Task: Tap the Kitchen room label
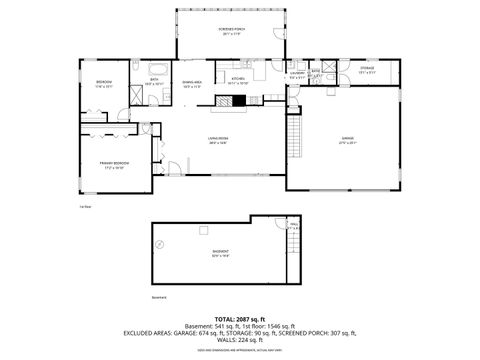click(x=238, y=81)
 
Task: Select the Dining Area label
click(x=193, y=84)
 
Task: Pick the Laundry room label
click(x=296, y=73)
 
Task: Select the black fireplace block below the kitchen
click(x=254, y=98)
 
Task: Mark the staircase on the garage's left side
click(x=295, y=130)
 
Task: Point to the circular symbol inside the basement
click(x=159, y=243)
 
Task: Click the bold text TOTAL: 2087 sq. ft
click(x=239, y=318)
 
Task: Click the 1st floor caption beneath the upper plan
click(x=86, y=208)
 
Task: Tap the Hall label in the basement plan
click(x=294, y=225)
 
